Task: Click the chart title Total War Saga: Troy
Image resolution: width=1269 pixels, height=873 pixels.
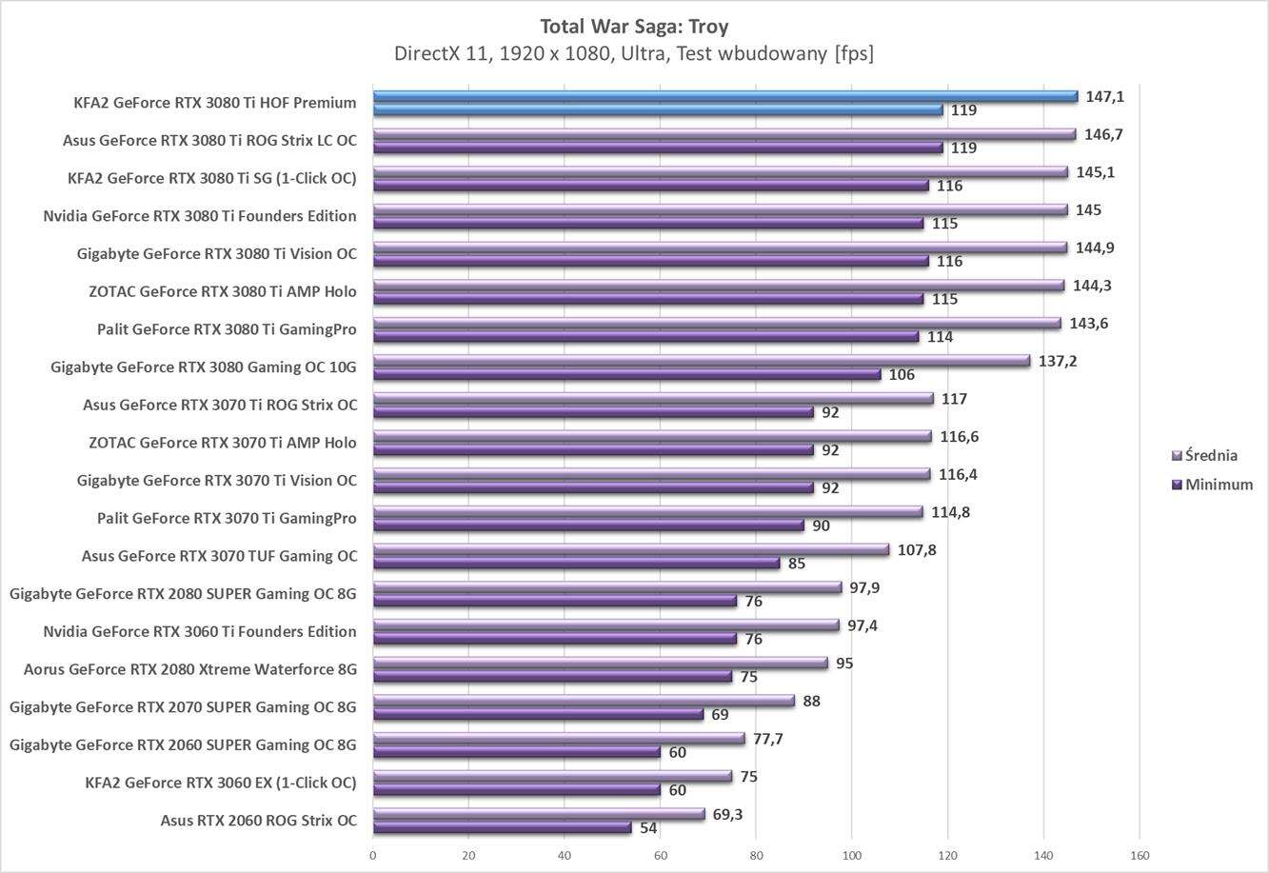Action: point(634,26)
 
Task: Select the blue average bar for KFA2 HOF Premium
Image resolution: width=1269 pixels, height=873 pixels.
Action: point(724,96)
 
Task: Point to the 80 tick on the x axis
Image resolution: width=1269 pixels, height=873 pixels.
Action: point(756,855)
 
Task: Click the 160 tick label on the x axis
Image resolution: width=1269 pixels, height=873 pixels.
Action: point(1140,855)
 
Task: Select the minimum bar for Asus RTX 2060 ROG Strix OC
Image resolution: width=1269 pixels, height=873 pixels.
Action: point(502,828)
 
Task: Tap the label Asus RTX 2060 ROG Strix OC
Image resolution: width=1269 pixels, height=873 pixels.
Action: point(258,820)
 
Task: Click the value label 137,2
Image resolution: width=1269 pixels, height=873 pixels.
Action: point(1058,361)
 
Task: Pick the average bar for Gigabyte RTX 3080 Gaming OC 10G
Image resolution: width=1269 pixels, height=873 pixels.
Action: point(701,361)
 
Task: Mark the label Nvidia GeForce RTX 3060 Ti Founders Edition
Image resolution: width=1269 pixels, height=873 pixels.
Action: point(200,631)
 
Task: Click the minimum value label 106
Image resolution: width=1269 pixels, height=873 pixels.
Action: point(902,375)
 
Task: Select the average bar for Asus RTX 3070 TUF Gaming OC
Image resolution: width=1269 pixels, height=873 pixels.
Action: point(630,549)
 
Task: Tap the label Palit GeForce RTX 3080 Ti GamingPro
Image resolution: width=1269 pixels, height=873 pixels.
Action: point(227,329)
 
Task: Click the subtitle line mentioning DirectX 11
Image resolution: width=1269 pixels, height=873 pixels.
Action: point(634,53)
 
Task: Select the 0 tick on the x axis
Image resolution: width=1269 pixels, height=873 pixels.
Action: point(373,855)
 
